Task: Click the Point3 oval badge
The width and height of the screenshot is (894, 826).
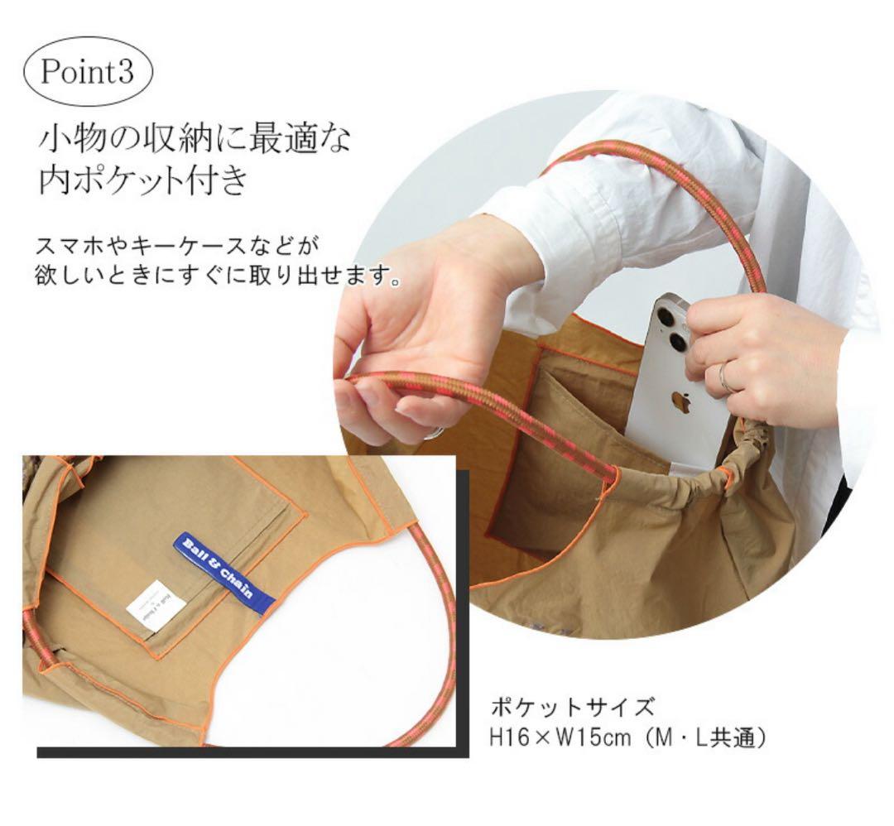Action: [x=86, y=72]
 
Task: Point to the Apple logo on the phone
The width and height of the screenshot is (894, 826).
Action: [x=680, y=402]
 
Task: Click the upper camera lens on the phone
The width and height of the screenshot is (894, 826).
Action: [x=665, y=317]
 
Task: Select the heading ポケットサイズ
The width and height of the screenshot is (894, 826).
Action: [x=573, y=708]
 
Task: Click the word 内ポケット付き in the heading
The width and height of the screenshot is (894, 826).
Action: [x=143, y=180]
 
